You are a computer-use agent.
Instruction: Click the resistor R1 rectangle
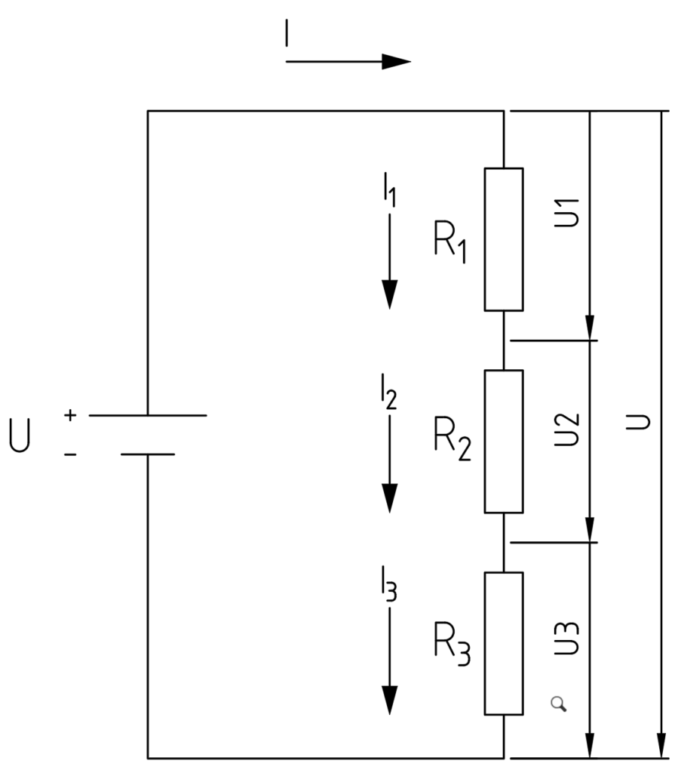point(503,239)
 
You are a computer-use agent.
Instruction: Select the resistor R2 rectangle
point(503,441)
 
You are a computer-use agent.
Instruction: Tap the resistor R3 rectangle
point(503,643)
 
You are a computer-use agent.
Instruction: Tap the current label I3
point(389,596)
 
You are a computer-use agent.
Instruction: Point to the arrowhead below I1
point(389,294)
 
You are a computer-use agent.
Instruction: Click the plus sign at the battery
point(70,415)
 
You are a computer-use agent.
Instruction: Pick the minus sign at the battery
point(70,454)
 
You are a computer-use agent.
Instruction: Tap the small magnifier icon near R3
point(558,704)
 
